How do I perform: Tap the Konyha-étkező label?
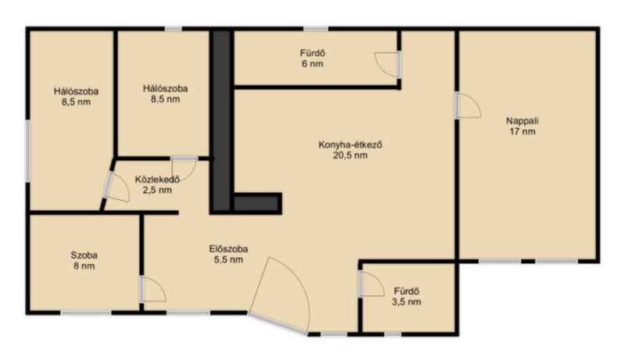click(350, 144)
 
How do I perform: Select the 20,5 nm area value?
click(350, 155)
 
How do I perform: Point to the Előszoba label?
click(228, 249)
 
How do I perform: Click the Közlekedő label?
click(157, 179)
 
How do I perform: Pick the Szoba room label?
click(84, 255)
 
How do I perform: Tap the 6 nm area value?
click(312, 64)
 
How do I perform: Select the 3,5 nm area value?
click(406, 302)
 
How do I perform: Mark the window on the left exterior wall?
click(28, 151)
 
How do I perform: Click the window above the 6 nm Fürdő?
click(316, 29)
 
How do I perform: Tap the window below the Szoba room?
click(86, 313)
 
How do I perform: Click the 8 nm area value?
click(84, 266)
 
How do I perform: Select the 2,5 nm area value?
click(157, 190)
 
